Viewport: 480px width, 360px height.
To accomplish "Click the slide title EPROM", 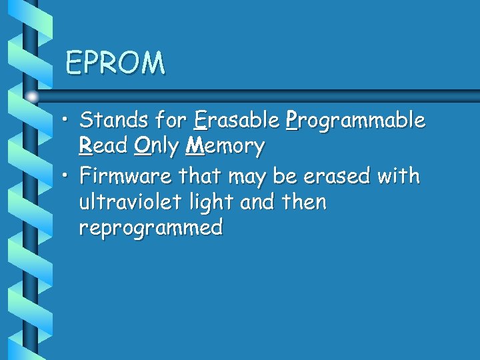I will pyautogui.click(x=115, y=63).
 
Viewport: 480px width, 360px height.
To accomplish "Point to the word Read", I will pyautogui.click(x=103, y=146).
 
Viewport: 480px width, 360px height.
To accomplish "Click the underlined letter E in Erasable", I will pyautogui.click(x=200, y=121).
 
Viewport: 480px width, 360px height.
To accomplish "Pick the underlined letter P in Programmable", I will pyautogui.click(x=291, y=121).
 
